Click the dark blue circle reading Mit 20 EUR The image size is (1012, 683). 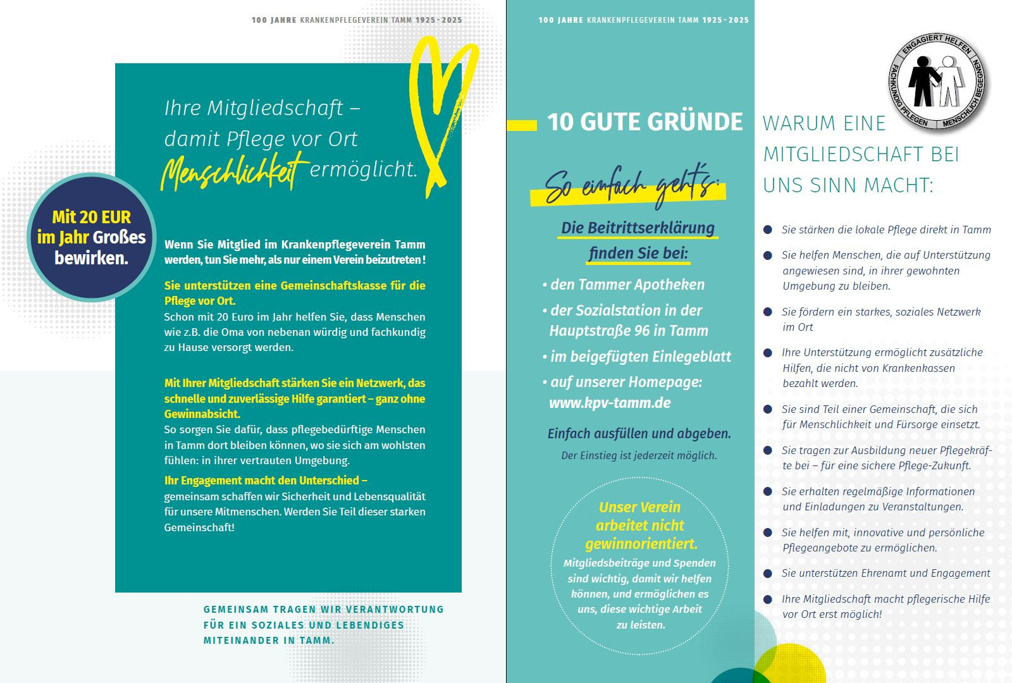click(x=92, y=237)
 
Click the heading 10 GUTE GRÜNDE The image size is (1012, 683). click(x=645, y=122)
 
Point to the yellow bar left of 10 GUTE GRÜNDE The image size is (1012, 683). click(x=522, y=125)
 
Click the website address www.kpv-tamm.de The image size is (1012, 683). click(x=610, y=403)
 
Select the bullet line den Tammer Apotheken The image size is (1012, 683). click(x=627, y=285)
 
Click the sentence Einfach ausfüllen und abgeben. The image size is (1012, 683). click(x=639, y=434)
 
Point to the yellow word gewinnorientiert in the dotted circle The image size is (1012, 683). click(x=641, y=544)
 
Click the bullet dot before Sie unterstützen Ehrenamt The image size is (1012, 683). click(x=768, y=574)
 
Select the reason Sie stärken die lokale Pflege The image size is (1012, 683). click(x=885, y=230)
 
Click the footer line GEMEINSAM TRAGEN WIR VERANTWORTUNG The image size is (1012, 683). click(x=323, y=610)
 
